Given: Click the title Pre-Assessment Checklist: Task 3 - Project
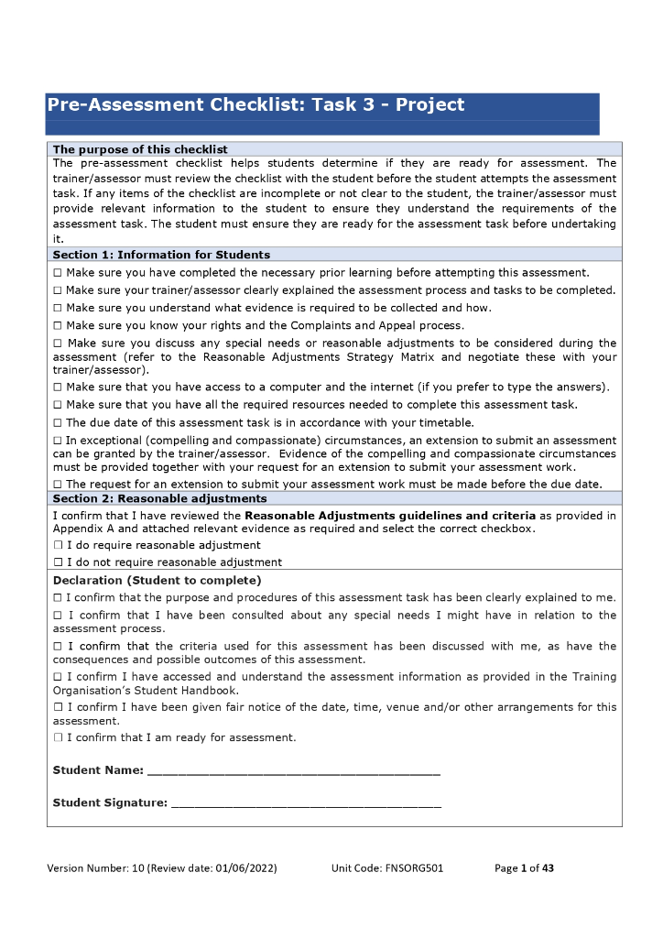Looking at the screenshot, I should pyautogui.click(x=255, y=105).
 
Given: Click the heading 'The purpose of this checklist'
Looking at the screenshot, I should pyautogui.click(x=140, y=149).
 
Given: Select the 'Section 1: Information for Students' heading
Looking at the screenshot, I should pyautogui.click(x=161, y=255).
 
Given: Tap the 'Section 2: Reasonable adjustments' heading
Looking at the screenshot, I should pyautogui.click(x=159, y=498).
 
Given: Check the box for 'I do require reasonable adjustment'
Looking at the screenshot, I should pyautogui.click(x=58, y=545).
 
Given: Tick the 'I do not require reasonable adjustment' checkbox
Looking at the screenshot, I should pyautogui.click(x=58, y=562).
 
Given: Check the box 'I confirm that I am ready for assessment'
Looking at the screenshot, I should pyautogui.click(x=58, y=737).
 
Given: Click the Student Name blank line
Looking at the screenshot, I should pyautogui.click(x=293, y=770).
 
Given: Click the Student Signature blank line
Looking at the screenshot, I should pyautogui.click(x=306, y=803).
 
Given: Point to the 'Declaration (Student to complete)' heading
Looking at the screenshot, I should pyautogui.click(x=157, y=580).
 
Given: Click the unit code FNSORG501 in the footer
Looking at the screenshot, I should pyautogui.click(x=413, y=867).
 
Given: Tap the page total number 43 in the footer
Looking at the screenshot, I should pyautogui.click(x=548, y=867).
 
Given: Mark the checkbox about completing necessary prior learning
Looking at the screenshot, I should pyautogui.click(x=58, y=273).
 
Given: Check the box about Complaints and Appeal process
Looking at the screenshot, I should pyautogui.click(x=58, y=325).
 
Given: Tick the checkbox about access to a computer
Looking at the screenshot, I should pyautogui.click(x=58, y=387).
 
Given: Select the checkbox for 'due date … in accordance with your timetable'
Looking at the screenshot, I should pyautogui.click(x=58, y=422).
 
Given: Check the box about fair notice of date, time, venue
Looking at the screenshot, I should pyautogui.click(x=58, y=707).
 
